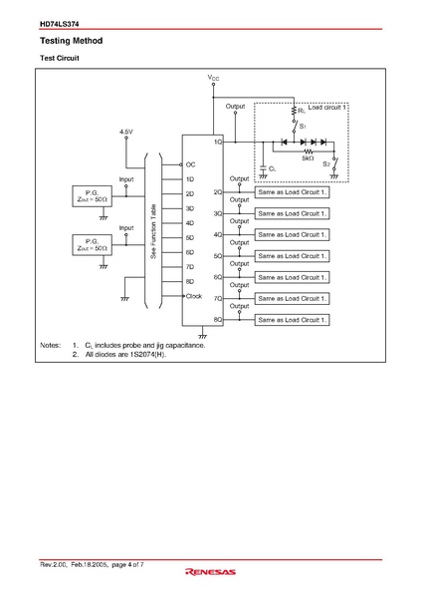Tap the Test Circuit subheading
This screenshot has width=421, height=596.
tap(59, 60)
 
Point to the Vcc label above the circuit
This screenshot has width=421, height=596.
tap(214, 77)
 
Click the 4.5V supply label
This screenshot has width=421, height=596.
tap(125, 131)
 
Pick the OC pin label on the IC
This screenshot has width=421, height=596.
tap(191, 165)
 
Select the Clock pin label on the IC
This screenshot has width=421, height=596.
tap(194, 296)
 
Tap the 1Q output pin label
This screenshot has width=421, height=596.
tap(218, 143)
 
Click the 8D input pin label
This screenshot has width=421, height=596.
tap(190, 282)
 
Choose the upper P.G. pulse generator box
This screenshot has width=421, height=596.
tap(91, 194)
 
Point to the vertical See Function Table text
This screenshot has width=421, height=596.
tap(153, 232)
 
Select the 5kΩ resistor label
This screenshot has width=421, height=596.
tap(308, 158)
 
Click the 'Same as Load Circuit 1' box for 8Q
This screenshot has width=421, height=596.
tap(290, 319)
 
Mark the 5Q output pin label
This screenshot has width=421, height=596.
tap(218, 255)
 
